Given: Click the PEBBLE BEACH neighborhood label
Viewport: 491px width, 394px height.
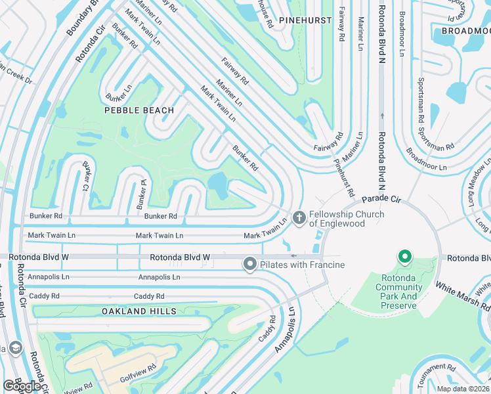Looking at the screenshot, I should tap(139, 110).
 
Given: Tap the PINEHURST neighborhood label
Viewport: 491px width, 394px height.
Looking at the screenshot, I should tap(305, 20).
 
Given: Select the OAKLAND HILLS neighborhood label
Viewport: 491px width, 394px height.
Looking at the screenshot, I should tap(139, 311).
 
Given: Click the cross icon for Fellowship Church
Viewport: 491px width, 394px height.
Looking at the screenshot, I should tap(299, 217).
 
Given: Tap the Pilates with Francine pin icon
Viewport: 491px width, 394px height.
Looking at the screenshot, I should tap(249, 264).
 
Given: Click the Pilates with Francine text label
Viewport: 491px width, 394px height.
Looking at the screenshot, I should tap(302, 265).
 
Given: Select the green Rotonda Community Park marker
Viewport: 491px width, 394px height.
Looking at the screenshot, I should tap(405, 257).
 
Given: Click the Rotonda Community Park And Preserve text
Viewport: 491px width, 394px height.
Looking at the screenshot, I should tap(398, 292).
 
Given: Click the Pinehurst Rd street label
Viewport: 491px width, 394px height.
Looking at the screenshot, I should tap(343, 177).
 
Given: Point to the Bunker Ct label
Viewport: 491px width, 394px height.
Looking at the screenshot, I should tap(86, 177).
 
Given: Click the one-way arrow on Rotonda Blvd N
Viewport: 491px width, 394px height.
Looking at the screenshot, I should tap(381, 116).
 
